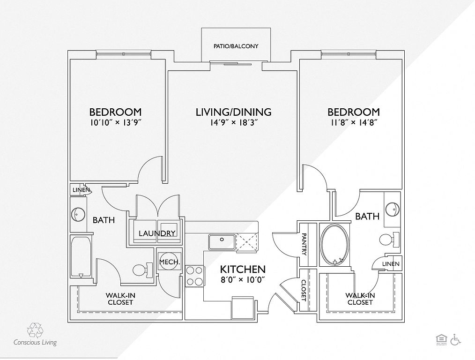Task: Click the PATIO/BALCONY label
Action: point(236,46)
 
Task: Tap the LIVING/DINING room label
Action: point(234,112)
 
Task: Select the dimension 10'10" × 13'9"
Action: point(115,122)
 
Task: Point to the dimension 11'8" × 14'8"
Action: point(354,122)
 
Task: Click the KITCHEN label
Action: point(243,269)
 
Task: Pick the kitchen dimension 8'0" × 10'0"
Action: point(243,279)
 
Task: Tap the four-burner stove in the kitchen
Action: point(194,276)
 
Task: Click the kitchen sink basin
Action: point(222,242)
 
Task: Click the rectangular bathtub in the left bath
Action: point(81,257)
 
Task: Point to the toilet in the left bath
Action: point(143,270)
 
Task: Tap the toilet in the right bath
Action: point(390,240)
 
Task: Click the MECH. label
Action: point(170,262)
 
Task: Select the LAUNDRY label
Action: point(157,233)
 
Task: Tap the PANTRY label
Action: point(304,244)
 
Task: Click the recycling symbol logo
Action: point(35,330)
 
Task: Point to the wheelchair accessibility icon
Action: point(456,339)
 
